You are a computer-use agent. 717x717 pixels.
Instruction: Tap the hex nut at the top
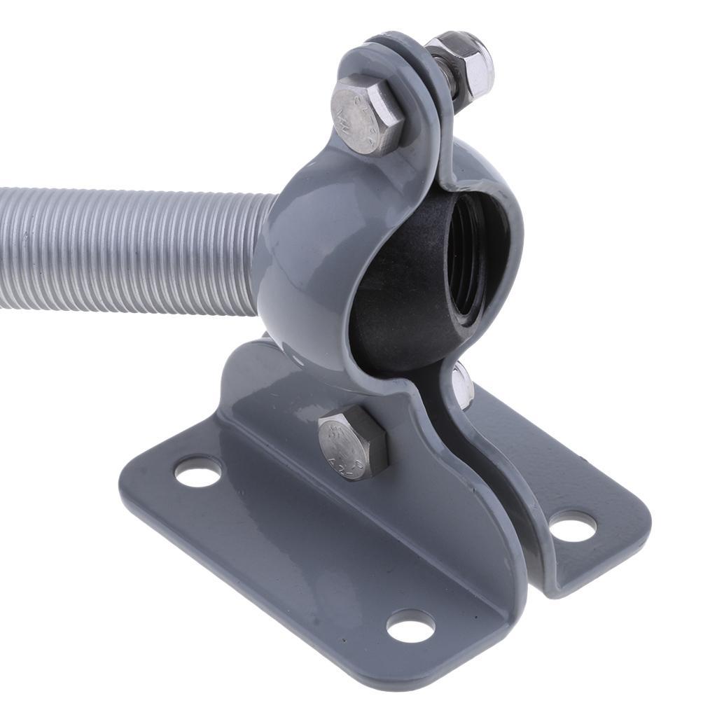[468, 67]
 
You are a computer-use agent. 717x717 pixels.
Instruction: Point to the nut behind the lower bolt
[462, 384]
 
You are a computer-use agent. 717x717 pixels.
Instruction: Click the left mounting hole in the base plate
[197, 471]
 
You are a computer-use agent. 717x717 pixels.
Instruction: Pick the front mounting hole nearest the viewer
[410, 625]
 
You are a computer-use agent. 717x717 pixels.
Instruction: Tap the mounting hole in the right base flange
[572, 525]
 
